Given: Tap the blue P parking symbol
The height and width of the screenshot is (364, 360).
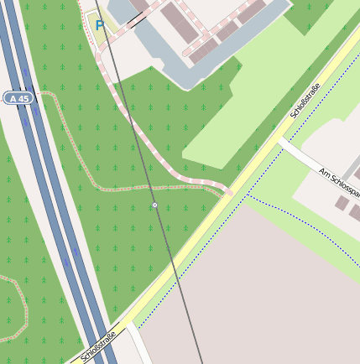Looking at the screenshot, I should point(100,26).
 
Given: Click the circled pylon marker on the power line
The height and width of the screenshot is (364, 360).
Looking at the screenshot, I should point(154,205).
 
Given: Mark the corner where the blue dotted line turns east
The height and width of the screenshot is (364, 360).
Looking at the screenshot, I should point(248,195).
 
